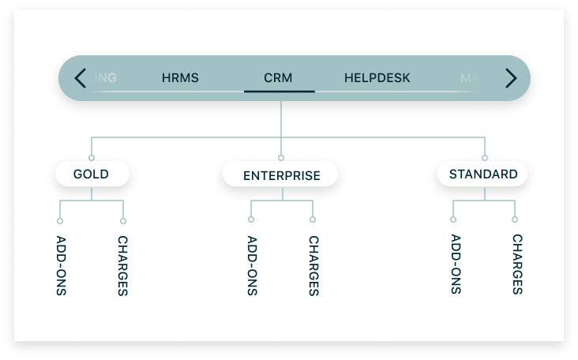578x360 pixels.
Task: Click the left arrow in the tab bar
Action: pyautogui.click(x=80, y=77)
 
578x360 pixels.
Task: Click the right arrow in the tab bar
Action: pyautogui.click(x=510, y=77)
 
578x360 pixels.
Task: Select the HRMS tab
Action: pyautogui.click(x=180, y=78)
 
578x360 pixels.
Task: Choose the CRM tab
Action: pyautogui.click(x=279, y=78)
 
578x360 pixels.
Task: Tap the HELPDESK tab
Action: pyautogui.click(x=377, y=78)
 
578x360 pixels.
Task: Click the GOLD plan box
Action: pyautogui.click(x=92, y=174)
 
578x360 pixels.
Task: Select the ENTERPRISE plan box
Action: pyautogui.click(x=280, y=175)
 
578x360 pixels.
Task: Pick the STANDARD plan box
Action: pyautogui.click(x=483, y=174)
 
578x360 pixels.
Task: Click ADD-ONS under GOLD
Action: pyautogui.click(x=61, y=266)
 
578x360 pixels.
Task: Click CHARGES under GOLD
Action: pyautogui.click(x=122, y=266)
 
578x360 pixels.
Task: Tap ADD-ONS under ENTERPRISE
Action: pyautogui.click(x=252, y=266)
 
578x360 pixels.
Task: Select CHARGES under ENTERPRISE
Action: pyautogui.click(x=313, y=266)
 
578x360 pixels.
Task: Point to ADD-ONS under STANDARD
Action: pyautogui.click(x=455, y=264)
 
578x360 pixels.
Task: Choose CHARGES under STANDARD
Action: pyautogui.click(x=516, y=264)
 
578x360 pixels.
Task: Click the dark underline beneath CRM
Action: pyautogui.click(x=279, y=92)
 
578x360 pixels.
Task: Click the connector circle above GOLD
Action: pyautogui.click(x=92, y=157)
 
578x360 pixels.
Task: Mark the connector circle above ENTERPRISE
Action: pyautogui.click(x=280, y=158)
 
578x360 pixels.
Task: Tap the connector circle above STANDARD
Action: pyautogui.click(x=484, y=157)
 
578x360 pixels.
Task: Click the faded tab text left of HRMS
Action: pyautogui.click(x=106, y=78)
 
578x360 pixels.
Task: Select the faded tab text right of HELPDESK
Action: pyautogui.click(x=470, y=78)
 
